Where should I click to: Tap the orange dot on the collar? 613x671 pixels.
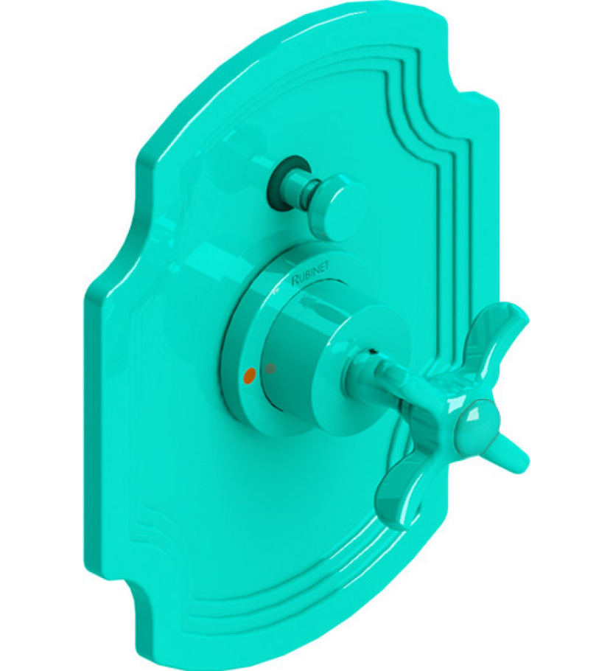[249, 375]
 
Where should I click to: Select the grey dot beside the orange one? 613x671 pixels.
[271, 367]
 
